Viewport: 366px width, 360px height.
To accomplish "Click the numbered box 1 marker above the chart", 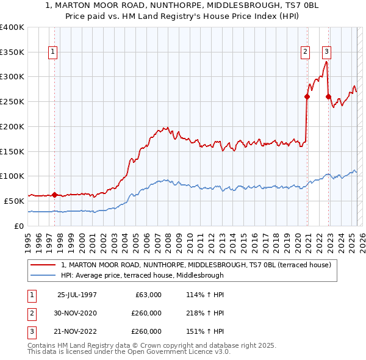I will click(54, 52).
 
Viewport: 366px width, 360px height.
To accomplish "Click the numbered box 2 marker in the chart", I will click(305, 52).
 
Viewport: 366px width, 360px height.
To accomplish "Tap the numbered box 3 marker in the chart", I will click(327, 52).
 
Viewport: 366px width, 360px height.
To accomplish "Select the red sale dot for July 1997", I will click(54, 195).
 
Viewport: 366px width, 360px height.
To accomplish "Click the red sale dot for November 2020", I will click(307, 96).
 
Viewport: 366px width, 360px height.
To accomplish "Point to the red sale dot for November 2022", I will click(328, 96).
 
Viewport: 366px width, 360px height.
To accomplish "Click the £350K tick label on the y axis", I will click(12, 52).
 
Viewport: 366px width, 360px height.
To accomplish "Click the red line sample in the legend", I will click(44, 265).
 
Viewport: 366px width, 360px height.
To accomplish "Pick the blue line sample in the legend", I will click(44, 275).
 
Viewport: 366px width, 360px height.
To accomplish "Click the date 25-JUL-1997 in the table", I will click(77, 295).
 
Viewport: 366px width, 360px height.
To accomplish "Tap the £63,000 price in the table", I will click(146, 295).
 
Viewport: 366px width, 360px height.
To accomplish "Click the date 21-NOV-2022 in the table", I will click(77, 331).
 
